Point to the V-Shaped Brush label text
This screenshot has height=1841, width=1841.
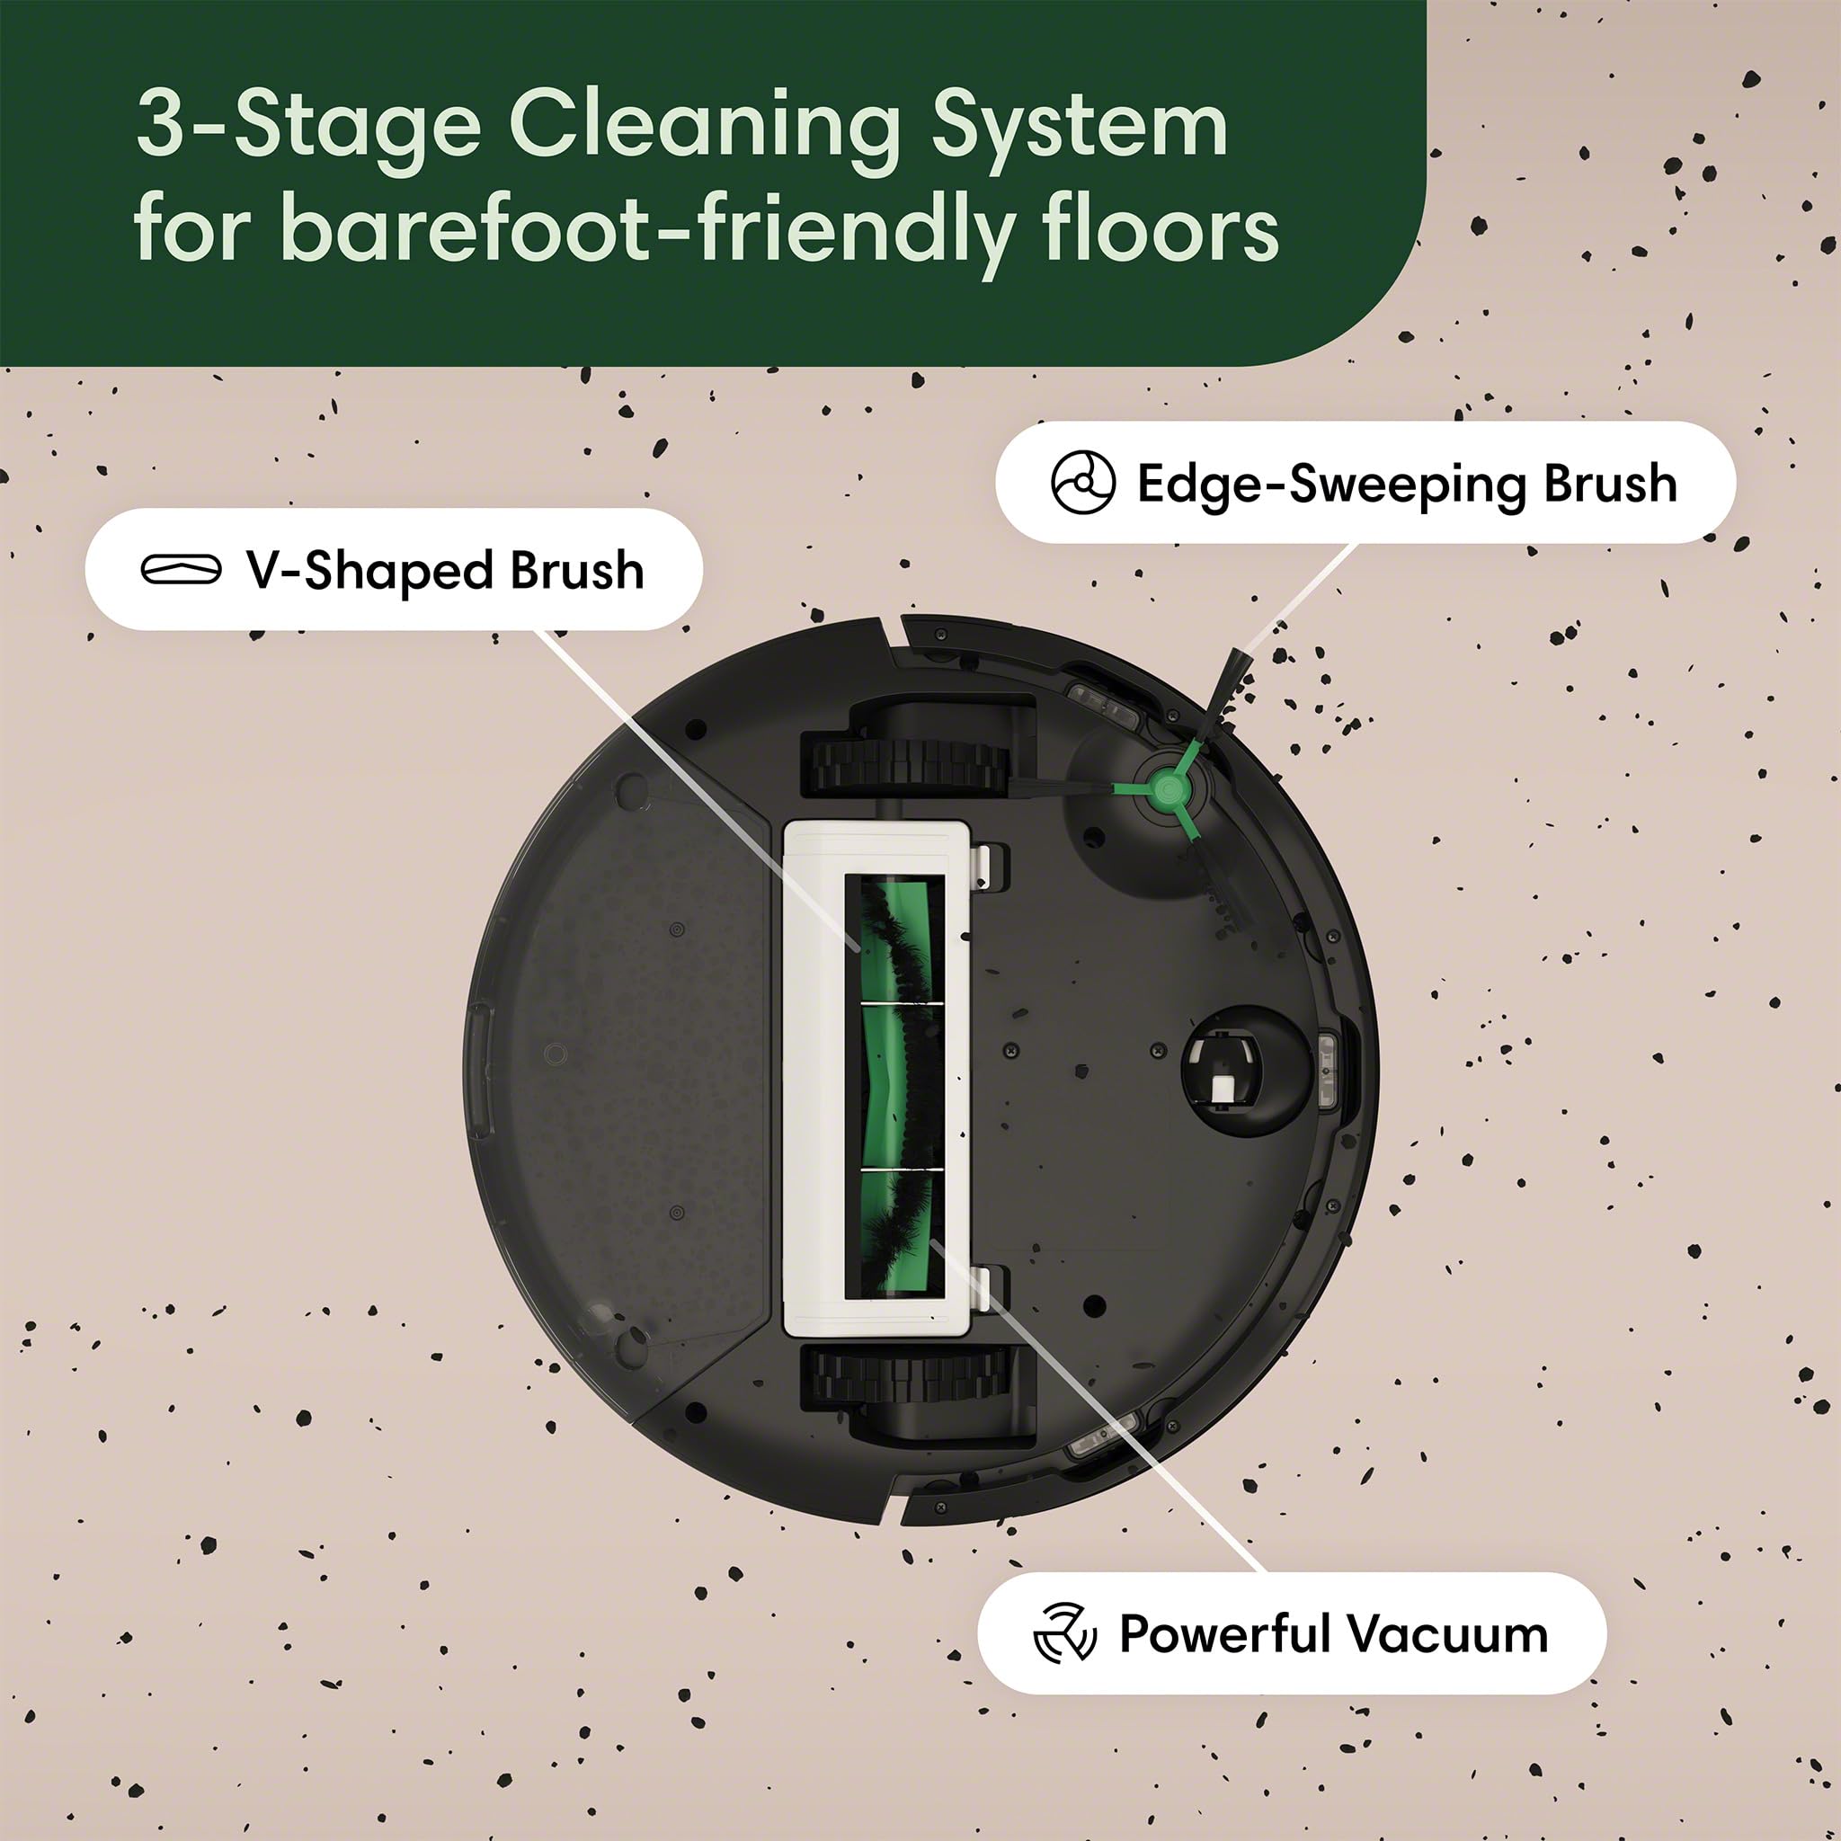(x=445, y=570)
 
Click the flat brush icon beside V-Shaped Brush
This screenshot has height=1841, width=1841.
(x=181, y=570)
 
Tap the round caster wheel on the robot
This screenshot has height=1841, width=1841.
(x=1232, y=1069)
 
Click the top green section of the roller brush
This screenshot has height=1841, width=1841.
(x=893, y=938)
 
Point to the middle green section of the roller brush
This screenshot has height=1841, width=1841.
(x=893, y=1084)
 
